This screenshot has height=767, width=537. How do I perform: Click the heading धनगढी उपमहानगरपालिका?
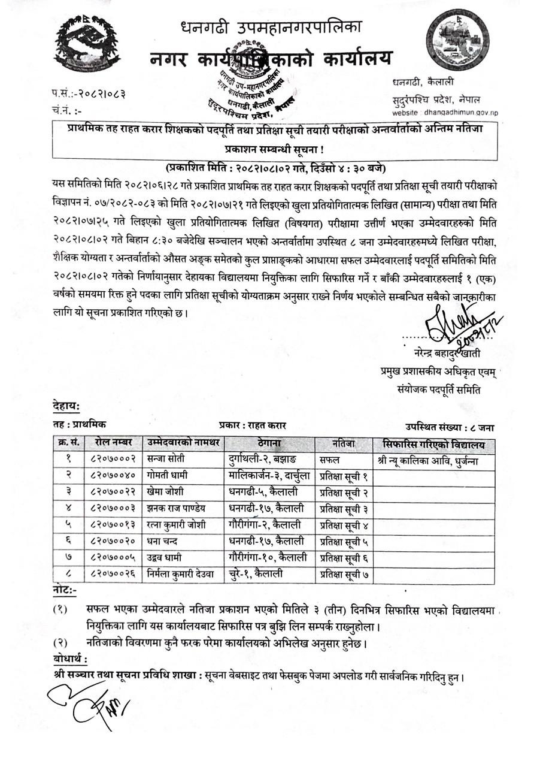pyautogui.click(x=271, y=27)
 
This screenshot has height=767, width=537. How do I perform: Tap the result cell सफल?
pyautogui.click(x=330, y=460)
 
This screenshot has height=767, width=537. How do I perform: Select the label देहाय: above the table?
pyautogui.click(x=65, y=407)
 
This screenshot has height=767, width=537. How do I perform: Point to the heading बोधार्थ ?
pyautogui.click(x=70, y=660)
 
